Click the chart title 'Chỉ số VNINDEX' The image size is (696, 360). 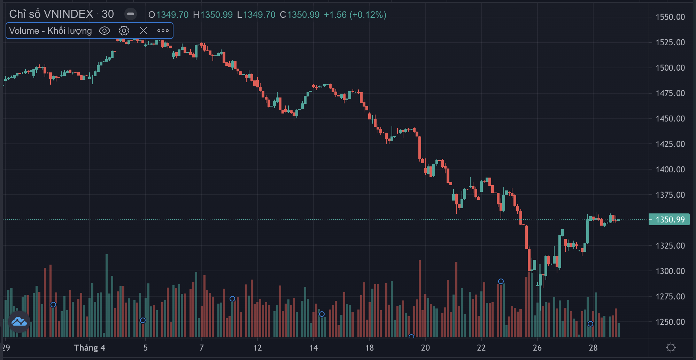[51, 14]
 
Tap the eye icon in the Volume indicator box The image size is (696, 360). [105, 31]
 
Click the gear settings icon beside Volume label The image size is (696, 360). [124, 31]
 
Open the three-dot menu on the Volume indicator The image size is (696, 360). [163, 31]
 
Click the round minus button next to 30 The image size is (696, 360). [131, 14]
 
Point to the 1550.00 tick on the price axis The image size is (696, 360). [670, 17]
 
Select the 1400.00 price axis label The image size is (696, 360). [670, 170]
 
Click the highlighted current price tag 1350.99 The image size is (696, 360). [670, 220]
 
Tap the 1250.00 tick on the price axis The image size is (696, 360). [670, 322]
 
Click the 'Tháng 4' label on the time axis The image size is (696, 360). [90, 348]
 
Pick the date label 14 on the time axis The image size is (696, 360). [314, 348]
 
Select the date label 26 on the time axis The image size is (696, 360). [537, 348]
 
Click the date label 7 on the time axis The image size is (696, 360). [201, 348]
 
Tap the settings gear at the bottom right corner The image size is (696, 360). [671, 347]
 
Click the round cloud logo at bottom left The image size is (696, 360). [19, 322]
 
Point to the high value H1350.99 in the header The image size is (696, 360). [213, 15]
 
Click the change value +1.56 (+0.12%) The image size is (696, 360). [355, 15]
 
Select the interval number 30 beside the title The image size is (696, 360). [108, 14]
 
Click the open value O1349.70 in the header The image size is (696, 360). [168, 15]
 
